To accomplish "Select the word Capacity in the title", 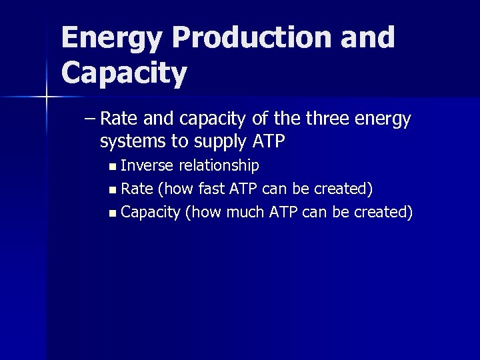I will pyautogui.click(x=124, y=73).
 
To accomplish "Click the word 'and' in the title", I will pyautogui.click(x=368, y=39).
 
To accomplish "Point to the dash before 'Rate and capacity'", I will pyautogui.click(x=90, y=120).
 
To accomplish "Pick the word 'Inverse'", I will pyautogui.click(x=147, y=165).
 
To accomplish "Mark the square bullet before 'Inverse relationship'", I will pyautogui.click(x=113, y=166).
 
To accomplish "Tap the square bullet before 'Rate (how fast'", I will pyautogui.click(x=113, y=189).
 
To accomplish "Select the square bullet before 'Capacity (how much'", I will pyautogui.click(x=113, y=213).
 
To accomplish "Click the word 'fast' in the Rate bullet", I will pyautogui.click(x=211, y=189).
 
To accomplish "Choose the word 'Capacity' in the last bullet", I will pyautogui.click(x=151, y=213).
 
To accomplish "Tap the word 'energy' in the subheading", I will pyautogui.click(x=383, y=120).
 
